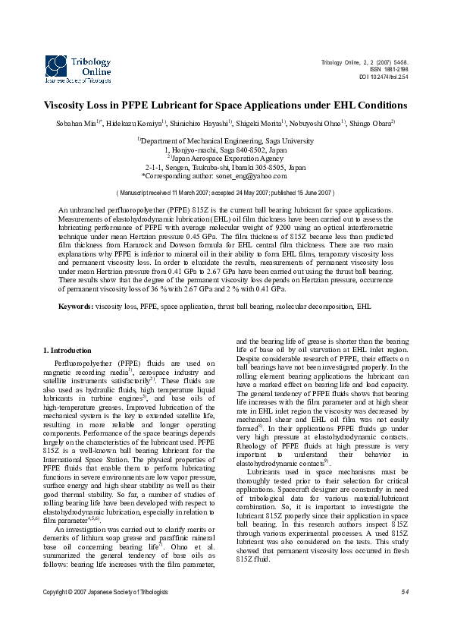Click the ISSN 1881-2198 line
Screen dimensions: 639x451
pyautogui.click(x=387, y=69)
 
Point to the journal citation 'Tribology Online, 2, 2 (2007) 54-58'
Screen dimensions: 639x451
pyautogui.click(x=365, y=61)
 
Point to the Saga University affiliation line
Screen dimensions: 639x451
pyautogui.click(x=226, y=141)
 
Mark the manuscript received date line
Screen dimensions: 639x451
pyautogui.click(x=225, y=194)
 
